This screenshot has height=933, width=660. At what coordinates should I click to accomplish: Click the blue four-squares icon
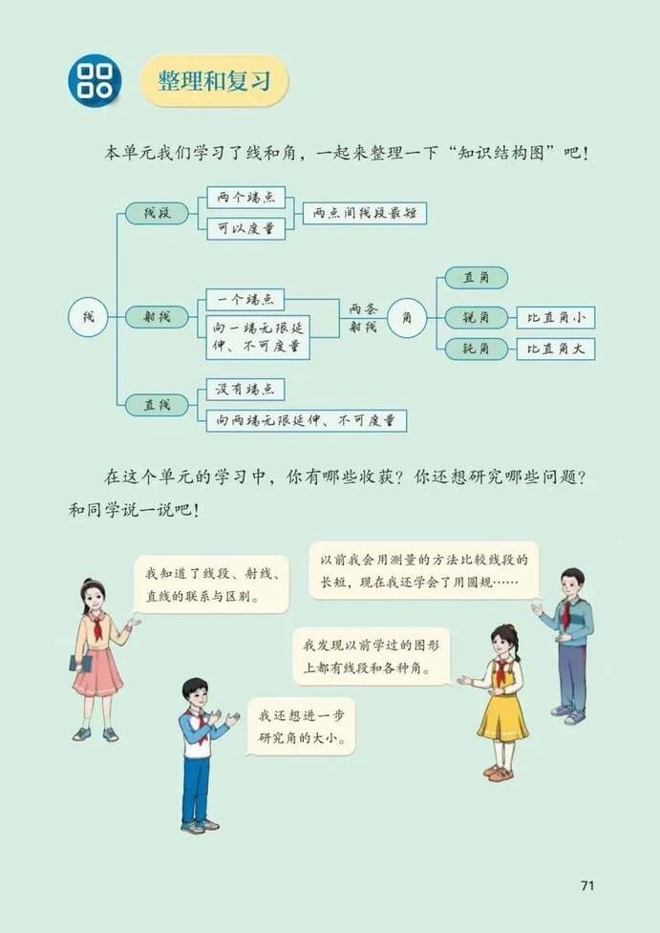(x=94, y=80)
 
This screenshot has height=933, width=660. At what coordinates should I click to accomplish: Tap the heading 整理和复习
(x=215, y=80)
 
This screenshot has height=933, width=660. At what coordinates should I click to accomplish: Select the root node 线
(x=88, y=316)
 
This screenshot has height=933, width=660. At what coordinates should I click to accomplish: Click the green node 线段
(x=157, y=212)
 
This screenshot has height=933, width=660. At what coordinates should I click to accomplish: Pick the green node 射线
(x=157, y=317)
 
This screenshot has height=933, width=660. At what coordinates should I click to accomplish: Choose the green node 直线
(x=157, y=404)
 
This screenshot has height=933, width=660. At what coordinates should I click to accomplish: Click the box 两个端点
(x=245, y=198)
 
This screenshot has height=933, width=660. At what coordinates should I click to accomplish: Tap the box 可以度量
(x=245, y=228)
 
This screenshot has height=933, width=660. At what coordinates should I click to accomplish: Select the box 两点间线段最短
(x=363, y=213)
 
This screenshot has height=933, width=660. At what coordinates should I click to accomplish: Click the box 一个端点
(x=245, y=299)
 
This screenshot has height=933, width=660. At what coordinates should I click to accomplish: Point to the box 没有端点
(x=245, y=390)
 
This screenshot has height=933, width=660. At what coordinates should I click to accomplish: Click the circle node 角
(x=408, y=317)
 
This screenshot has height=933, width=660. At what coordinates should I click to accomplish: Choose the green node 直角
(x=476, y=278)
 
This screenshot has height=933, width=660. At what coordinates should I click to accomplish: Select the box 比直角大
(x=556, y=349)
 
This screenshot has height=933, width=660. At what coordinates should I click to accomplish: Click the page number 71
(x=587, y=884)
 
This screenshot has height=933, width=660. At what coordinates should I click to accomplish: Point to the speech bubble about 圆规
(x=423, y=570)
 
